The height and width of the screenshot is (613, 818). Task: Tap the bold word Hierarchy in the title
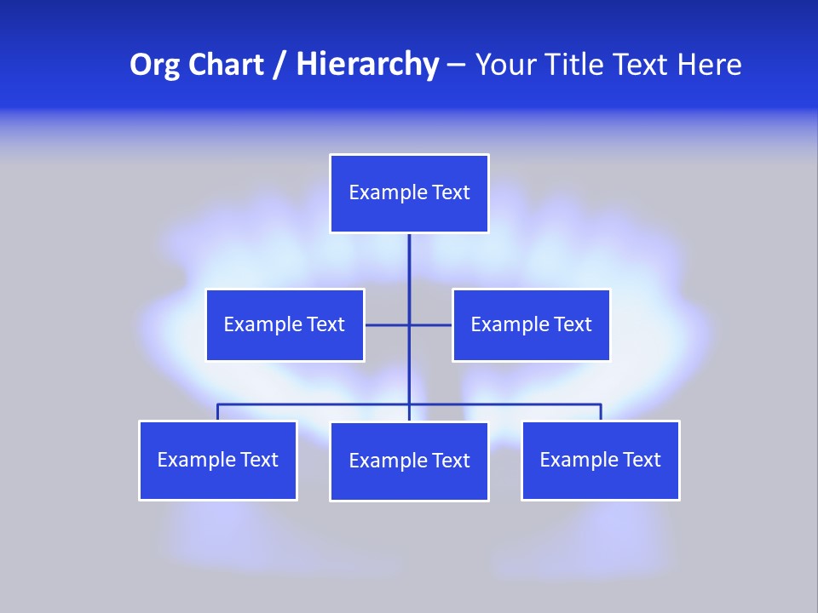coord(366,65)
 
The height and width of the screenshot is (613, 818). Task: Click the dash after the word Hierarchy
coord(456,65)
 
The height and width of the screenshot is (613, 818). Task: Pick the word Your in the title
coord(506,65)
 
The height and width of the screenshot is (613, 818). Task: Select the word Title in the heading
coord(577,65)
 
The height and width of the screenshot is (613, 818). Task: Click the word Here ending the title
coord(709,65)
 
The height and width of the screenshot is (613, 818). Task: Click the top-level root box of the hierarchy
coord(409,193)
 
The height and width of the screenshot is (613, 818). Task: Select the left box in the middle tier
coord(285,324)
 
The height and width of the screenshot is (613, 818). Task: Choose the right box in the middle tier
coord(531,324)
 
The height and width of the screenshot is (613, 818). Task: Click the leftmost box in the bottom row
coord(217,460)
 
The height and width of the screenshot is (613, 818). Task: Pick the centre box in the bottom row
coord(409,461)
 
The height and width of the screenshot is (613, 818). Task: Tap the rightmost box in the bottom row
coord(600,460)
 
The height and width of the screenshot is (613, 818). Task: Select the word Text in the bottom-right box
coord(641,460)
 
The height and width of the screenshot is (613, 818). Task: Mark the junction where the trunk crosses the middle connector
coord(409,324)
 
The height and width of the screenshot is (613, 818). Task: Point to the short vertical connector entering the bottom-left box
coord(217,412)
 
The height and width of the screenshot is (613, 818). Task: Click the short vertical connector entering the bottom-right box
coord(601,412)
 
